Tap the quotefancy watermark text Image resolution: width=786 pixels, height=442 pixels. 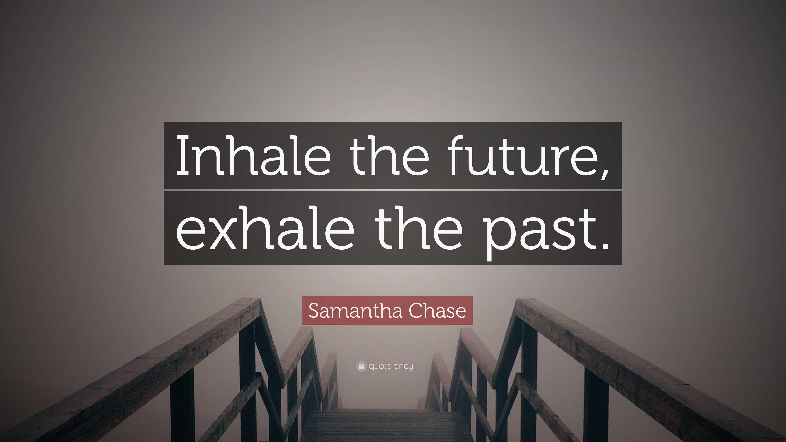pos(391,366)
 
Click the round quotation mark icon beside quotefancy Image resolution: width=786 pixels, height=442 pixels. pos(361,366)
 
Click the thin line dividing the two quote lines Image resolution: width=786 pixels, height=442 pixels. pos(393,190)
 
